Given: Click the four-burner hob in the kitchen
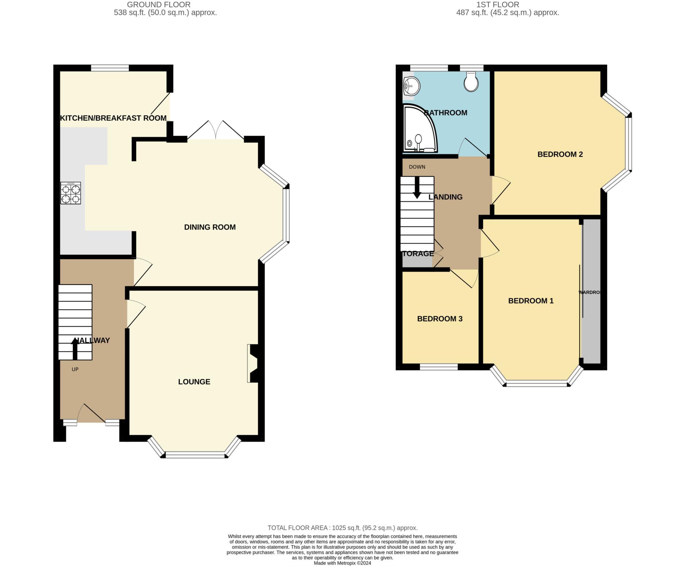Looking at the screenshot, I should [x=71, y=193].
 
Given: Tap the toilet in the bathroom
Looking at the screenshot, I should [x=471, y=82].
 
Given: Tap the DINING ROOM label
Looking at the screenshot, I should [x=210, y=227].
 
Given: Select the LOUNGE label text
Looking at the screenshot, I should [x=194, y=382].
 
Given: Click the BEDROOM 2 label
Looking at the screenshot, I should [x=560, y=154].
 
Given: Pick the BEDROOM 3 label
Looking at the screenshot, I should [x=439, y=319].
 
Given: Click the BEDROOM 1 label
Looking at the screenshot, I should [x=530, y=301].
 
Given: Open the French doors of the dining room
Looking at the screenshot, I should [x=216, y=131].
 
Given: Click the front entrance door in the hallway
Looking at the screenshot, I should [x=91, y=414].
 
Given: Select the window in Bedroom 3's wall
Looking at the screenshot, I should [x=438, y=367].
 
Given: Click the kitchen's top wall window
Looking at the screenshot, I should [x=110, y=68].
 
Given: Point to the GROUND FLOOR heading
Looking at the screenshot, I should [x=159, y=5].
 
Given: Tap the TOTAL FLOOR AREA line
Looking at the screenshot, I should [x=342, y=528].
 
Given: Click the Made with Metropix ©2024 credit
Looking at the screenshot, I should [x=342, y=563].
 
